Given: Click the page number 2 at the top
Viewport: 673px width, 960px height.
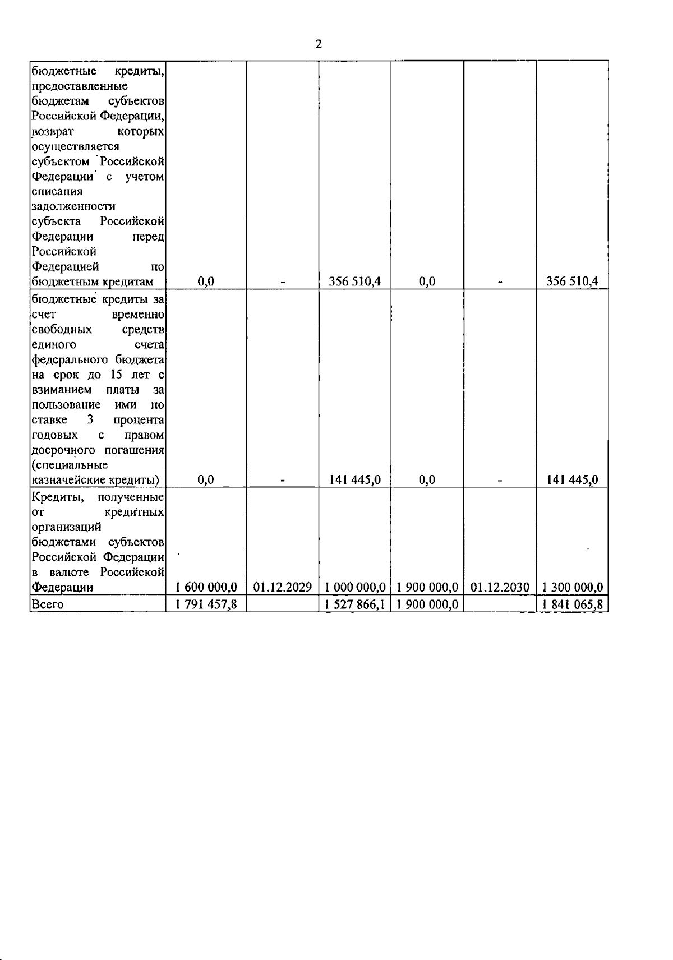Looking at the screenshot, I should (x=319, y=45).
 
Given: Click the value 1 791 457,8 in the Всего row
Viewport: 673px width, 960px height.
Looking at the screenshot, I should (x=206, y=604).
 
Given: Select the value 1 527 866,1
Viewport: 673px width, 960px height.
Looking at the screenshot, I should (x=355, y=604).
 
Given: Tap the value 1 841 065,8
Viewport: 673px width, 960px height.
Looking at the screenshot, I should (x=573, y=604).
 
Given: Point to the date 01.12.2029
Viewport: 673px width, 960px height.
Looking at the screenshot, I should (x=283, y=587).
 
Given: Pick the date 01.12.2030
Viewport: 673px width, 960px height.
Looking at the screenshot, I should (x=500, y=587).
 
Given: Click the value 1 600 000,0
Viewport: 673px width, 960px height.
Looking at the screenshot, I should (x=206, y=587).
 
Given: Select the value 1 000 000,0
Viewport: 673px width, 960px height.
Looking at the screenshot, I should (x=355, y=587).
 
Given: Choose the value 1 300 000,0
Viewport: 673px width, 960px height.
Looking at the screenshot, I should (x=573, y=587).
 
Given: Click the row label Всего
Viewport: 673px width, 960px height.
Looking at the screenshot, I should (x=48, y=604).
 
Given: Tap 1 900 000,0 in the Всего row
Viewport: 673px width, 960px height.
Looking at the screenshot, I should (x=427, y=604).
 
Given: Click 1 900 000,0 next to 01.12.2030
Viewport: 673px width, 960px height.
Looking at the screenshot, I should (x=427, y=587).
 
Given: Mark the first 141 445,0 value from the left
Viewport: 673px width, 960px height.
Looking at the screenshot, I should (x=355, y=479).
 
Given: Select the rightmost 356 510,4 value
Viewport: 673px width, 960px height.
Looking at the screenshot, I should (x=573, y=281).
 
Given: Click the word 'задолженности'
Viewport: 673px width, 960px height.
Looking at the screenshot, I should (x=73, y=207).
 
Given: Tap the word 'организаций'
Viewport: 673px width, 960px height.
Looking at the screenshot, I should (x=67, y=527).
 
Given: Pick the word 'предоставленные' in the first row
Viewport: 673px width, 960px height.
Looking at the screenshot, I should (x=79, y=86).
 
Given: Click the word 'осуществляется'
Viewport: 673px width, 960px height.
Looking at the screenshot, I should (x=75, y=146).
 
